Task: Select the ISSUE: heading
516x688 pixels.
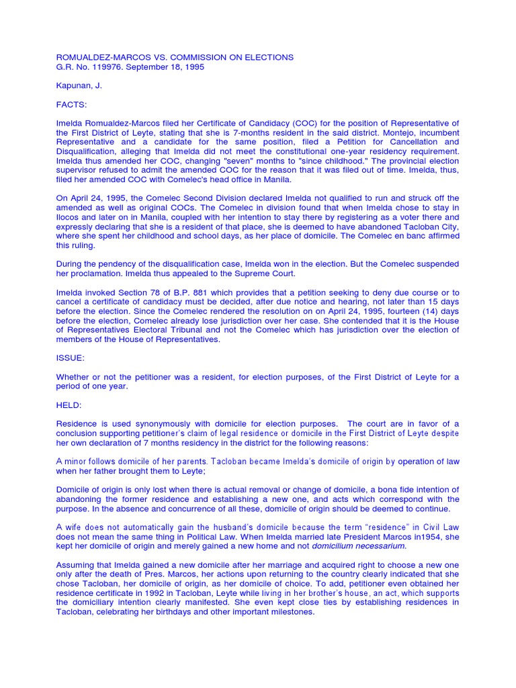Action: point(70,358)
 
